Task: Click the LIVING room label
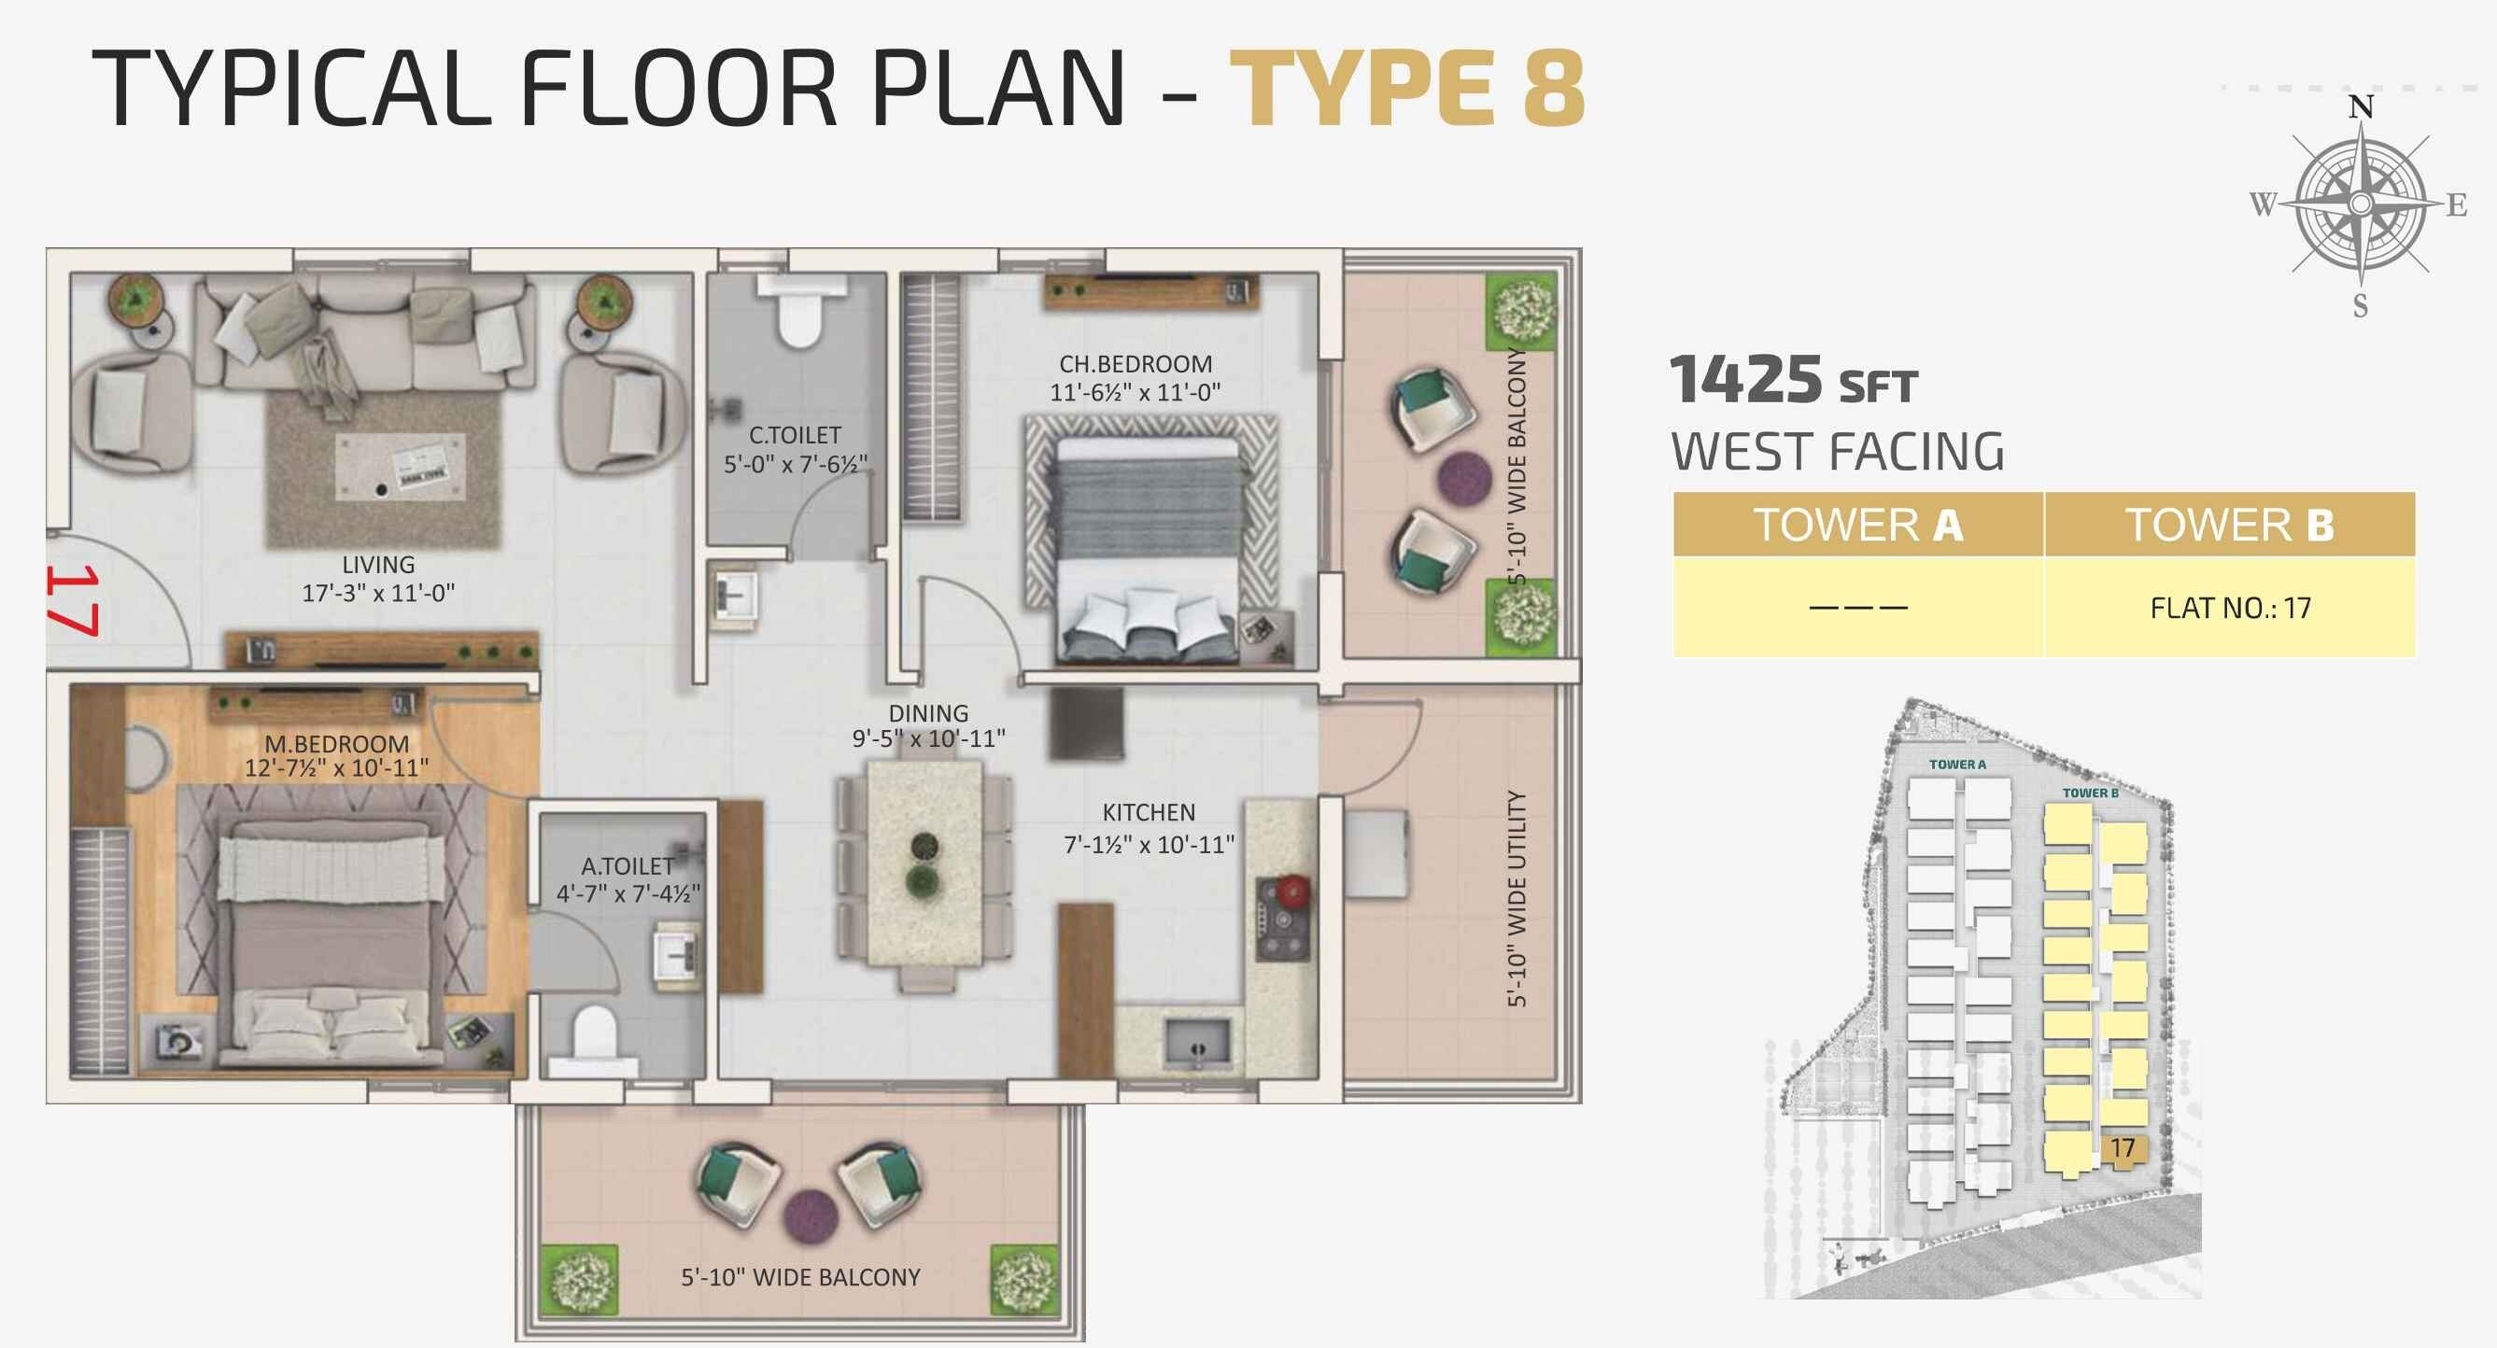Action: pos(378,564)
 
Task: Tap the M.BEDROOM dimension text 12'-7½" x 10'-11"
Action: pos(336,768)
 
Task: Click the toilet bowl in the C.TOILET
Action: pos(799,320)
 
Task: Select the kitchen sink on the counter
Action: pos(1198,1041)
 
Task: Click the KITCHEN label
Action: pos(1149,812)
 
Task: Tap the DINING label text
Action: pos(927,712)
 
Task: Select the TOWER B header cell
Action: pos(2230,526)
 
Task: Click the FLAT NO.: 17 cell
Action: pos(2230,608)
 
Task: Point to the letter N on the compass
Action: pos(2362,106)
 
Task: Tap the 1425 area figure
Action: pos(1744,380)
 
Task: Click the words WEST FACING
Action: pos(1837,452)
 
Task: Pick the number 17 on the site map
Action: pos(2123,1148)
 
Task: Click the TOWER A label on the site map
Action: pos(1957,765)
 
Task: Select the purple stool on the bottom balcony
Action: pos(810,1215)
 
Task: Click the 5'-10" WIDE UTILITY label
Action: pos(1517,898)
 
